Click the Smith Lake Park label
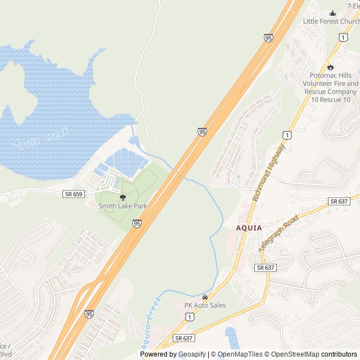[x=123, y=206]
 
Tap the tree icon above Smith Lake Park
[x=123, y=197]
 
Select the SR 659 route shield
[x=73, y=194]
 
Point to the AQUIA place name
[x=249, y=228]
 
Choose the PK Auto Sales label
[x=205, y=305]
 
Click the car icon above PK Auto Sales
[x=205, y=297]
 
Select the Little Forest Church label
[x=331, y=21]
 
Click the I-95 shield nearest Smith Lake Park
[x=137, y=223]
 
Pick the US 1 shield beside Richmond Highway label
[x=287, y=135]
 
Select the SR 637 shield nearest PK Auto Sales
[x=183, y=338]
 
